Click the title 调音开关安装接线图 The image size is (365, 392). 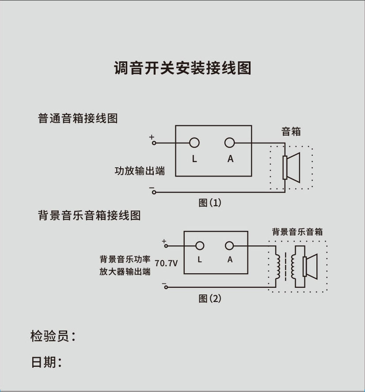(182, 68)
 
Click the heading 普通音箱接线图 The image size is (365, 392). (78, 118)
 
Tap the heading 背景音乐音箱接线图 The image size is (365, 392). (89, 216)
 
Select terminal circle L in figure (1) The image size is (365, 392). (194, 143)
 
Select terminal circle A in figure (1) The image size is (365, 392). (229, 143)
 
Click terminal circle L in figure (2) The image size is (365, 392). (200, 246)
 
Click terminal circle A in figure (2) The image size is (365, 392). (229, 246)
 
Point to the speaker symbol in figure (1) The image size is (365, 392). (291, 167)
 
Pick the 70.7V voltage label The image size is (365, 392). (166, 264)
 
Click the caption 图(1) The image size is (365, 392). (209, 203)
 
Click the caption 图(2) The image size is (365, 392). (209, 299)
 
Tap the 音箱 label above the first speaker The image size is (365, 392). (291, 132)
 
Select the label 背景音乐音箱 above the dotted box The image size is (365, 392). (297, 232)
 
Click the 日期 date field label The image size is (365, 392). (46, 362)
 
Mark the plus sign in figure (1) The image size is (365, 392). (152, 137)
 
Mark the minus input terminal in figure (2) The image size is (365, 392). (166, 287)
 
